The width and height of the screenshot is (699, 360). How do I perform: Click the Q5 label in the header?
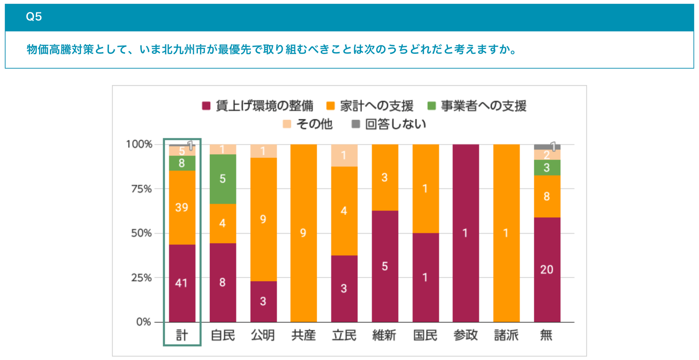34,17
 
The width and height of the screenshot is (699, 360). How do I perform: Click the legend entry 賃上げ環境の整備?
258,106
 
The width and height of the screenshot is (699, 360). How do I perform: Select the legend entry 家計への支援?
370,106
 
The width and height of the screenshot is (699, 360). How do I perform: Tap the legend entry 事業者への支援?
477,106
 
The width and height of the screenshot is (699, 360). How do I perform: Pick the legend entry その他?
308,124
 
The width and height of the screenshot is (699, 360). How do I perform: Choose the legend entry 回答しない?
389,124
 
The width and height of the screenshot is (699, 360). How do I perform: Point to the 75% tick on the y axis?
141,189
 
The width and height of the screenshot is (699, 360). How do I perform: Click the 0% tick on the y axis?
143,322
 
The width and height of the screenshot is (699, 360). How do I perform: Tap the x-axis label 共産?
303,335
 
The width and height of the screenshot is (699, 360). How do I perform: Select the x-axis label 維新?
384,335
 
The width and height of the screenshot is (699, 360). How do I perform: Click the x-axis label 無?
546,335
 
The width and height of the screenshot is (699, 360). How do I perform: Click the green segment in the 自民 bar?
223,179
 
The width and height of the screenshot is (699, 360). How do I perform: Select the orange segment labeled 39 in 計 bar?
182,207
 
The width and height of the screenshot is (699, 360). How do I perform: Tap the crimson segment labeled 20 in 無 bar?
547,270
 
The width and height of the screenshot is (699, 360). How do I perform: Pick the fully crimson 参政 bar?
466,233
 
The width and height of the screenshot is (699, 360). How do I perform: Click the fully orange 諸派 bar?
506,233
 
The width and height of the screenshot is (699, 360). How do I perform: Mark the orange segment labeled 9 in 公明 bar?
263,219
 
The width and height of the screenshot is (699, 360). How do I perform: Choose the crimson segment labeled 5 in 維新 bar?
385,266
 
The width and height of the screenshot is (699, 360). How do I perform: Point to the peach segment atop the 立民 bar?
344,155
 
